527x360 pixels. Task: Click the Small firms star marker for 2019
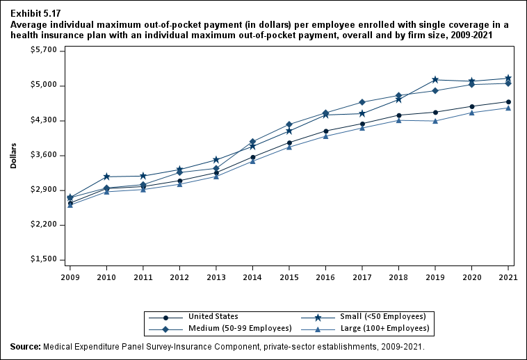click(435, 80)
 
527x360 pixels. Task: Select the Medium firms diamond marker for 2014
click(253, 142)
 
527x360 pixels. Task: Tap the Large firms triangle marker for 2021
click(508, 108)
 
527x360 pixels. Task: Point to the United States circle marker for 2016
click(326, 131)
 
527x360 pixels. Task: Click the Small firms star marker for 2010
click(106, 177)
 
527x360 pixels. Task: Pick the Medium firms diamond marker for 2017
click(362, 102)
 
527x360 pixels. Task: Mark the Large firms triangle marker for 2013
click(216, 177)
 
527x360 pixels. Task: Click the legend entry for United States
click(213, 317)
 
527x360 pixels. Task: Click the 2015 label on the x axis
click(289, 277)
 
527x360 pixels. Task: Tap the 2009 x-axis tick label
click(70, 277)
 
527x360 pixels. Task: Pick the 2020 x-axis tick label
click(472, 277)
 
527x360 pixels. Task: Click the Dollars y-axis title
click(13, 156)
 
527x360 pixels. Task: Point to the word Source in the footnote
click(25, 346)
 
